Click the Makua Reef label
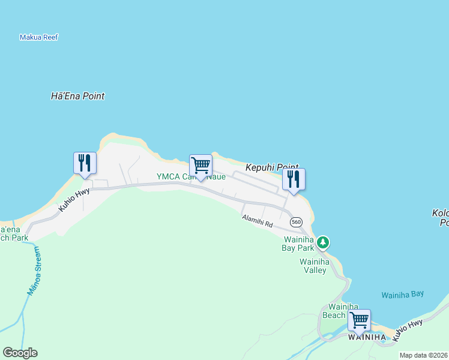pos(38,37)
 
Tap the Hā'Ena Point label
pos(77,96)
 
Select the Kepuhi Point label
pos(272,170)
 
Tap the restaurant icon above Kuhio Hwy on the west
pos(85,163)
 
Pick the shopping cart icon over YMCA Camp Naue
pos(200,165)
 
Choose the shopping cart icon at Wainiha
pos(359,320)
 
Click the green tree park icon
pos(324,242)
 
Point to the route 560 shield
pos(295,222)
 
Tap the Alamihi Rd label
pos(258,221)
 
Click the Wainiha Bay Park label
pos(298,243)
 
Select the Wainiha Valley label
pos(314,266)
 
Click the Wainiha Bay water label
pos(402,294)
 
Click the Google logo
pos(20,353)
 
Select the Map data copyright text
pos(424,355)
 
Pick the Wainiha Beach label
pos(334,311)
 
